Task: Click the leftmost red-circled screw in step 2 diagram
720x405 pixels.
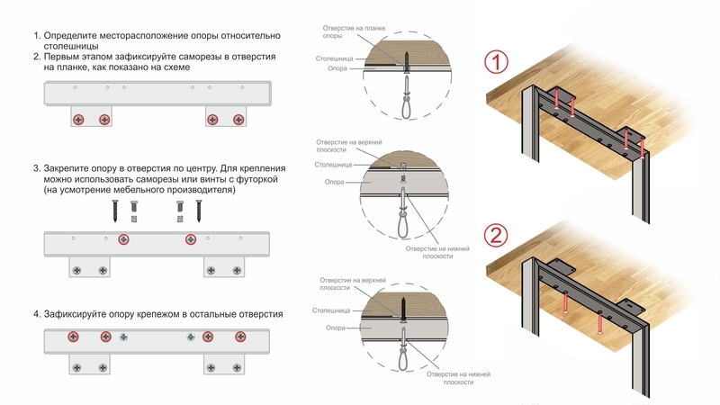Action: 79,119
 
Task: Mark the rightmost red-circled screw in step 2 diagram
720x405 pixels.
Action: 238,119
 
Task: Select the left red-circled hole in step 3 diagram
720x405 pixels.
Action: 123,239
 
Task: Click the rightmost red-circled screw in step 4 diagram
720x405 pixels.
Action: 240,337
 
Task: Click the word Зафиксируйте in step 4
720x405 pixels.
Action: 83,314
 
